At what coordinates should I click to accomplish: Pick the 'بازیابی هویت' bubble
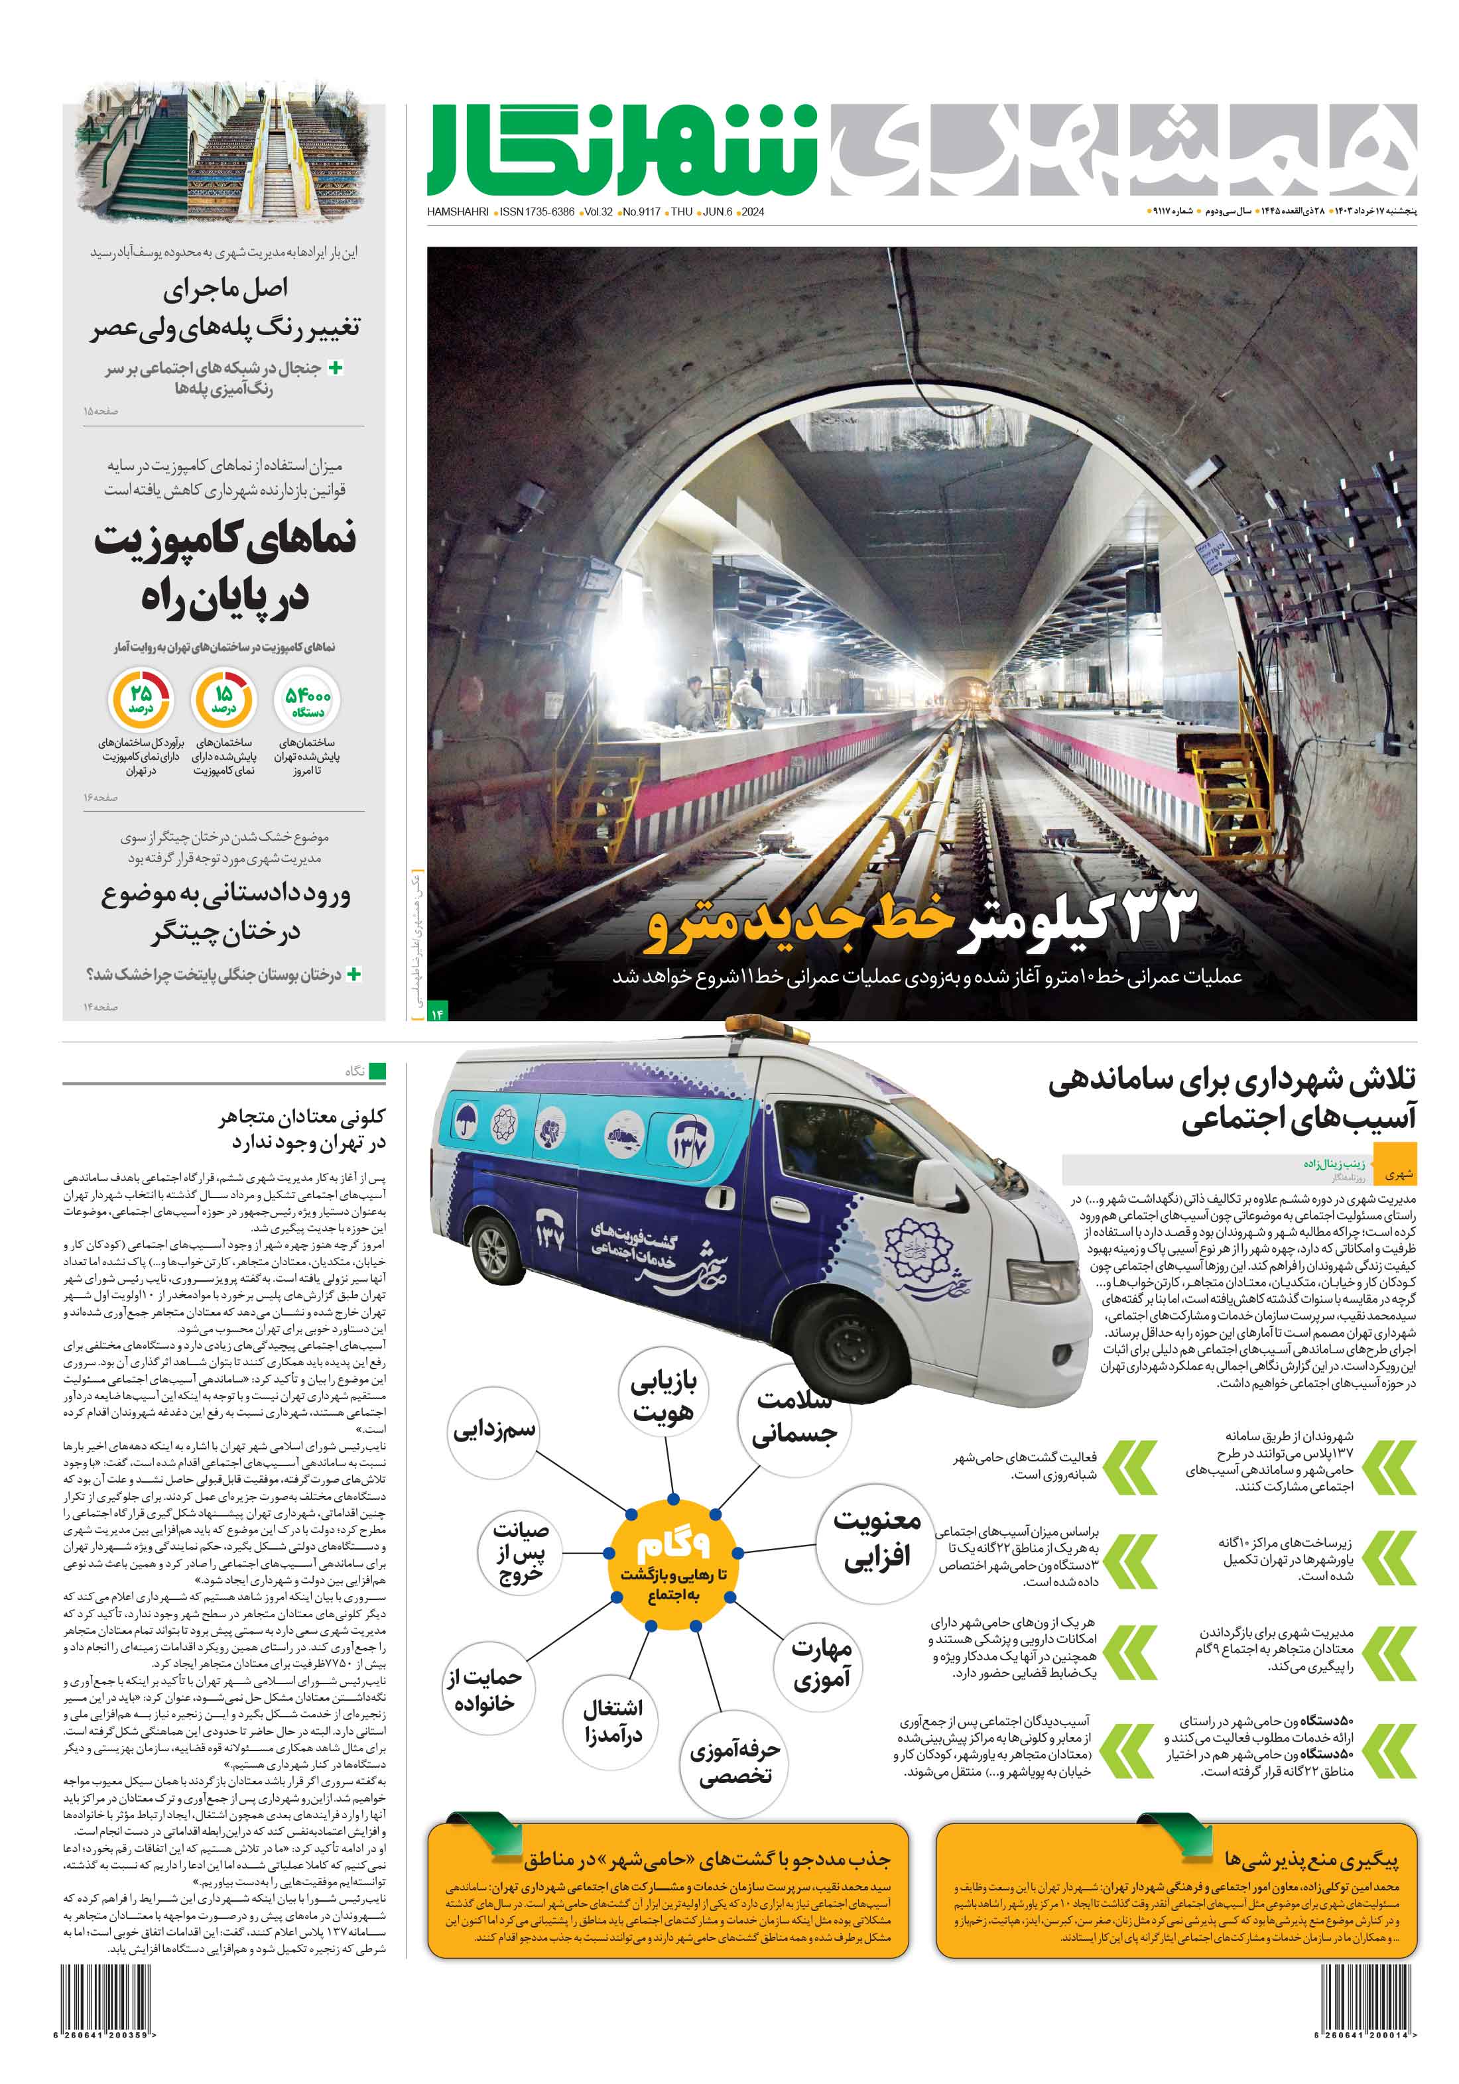(664, 1398)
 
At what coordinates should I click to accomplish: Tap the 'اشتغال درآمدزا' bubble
(613, 1720)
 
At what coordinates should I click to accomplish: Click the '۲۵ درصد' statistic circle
(140, 700)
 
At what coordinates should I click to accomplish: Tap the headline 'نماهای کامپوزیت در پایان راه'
(225, 568)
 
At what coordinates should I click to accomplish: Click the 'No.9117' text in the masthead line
(641, 212)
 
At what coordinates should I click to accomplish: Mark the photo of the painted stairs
(223, 156)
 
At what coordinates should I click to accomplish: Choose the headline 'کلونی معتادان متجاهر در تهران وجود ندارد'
(302, 1129)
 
